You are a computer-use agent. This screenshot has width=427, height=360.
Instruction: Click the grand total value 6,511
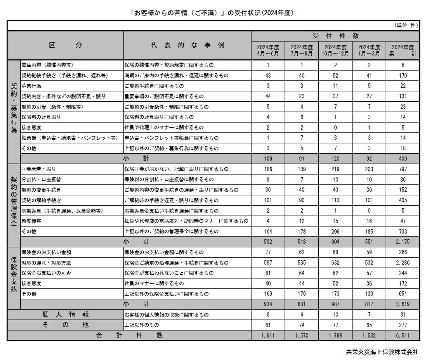tap(403, 335)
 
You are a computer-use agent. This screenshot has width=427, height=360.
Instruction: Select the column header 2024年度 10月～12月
tap(335, 50)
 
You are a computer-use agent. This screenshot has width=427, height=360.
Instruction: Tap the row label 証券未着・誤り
tap(38, 169)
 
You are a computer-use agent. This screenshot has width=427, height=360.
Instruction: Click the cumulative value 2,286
tap(403, 263)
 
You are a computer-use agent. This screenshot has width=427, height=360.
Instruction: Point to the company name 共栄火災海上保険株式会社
tap(382, 352)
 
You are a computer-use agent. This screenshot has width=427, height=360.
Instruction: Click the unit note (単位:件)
tap(406, 26)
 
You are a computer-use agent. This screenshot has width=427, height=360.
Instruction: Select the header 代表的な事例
tap(187, 45)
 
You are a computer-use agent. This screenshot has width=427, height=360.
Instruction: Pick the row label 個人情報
tap(65, 315)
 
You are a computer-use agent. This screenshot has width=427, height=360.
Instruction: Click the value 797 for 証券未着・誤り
tap(403, 169)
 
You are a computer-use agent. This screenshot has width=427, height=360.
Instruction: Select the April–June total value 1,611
tap(268, 335)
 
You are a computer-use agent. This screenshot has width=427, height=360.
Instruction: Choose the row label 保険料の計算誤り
tap(41, 117)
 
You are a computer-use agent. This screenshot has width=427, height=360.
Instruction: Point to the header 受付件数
tap(335, 36)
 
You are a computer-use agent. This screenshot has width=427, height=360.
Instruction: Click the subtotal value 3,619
tap(403, 304)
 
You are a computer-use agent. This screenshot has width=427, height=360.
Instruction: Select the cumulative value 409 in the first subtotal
tap(403, 159)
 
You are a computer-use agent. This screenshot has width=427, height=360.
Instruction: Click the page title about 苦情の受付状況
tap(213, 13)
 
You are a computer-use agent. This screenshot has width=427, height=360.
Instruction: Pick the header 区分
tap(65, 45)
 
